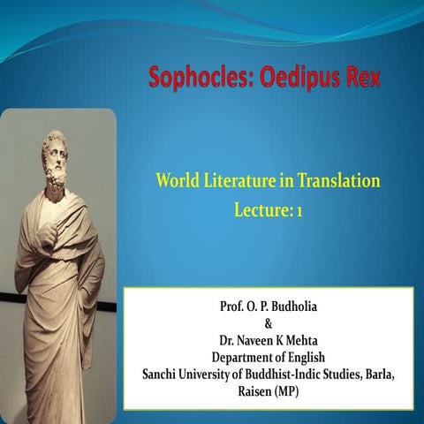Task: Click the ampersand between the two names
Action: (269, 323)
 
